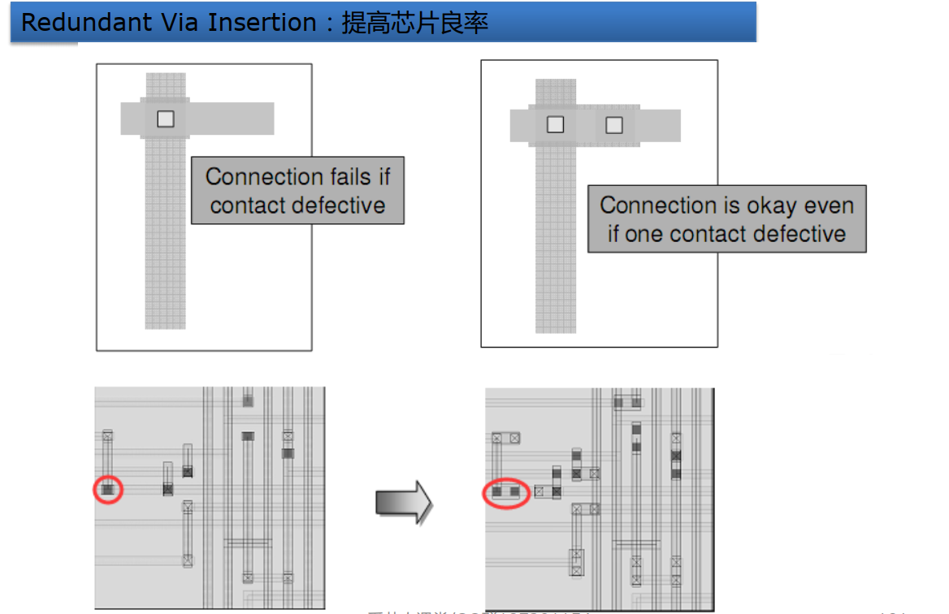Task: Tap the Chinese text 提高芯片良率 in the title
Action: pyautogui.click(x=414, y=22)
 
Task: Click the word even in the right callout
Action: pyautogui.click(x=830, y=205)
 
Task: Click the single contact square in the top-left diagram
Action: pyautogui.click(x=166, y=119)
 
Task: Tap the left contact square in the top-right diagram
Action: pyautogui.click(x=555, y=124)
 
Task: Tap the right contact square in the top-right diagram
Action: pyautogui.click(x=614, y=124)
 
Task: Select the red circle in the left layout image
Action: pyautogui.click(x=108, y=490)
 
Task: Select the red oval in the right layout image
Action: pyautogui.click(x=506, y=492)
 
